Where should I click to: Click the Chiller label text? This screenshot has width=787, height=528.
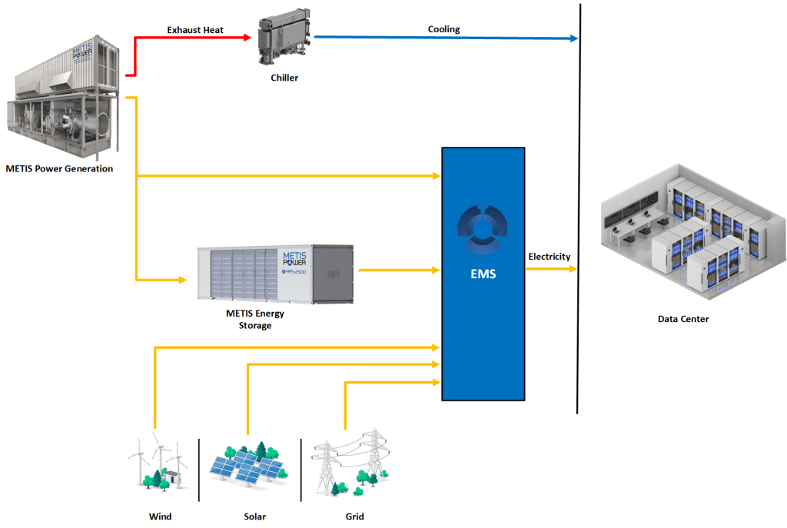point(284,78)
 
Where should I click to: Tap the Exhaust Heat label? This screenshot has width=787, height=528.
point(195,30)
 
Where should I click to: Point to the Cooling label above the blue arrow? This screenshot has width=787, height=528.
point(443,29)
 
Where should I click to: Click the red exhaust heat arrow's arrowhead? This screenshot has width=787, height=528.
point(248,37)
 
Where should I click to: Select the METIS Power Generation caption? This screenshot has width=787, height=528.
point(59,168)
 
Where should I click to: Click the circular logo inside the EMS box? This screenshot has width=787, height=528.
point(483,228)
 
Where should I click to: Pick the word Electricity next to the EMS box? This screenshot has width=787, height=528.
point(549,256)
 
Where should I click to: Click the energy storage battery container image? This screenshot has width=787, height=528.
point(274,273)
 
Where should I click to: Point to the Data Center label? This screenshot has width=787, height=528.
point(683,319)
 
